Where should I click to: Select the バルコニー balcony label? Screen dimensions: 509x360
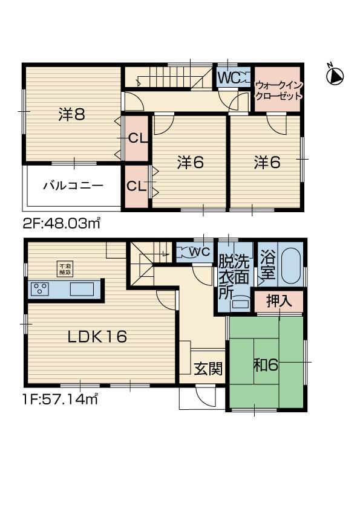point(73,186)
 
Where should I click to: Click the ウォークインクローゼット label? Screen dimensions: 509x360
point(278,91)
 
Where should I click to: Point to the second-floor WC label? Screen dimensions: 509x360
point(227,77)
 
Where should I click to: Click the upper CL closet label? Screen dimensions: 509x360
point(137,138)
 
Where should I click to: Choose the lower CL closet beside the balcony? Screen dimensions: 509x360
point(136,186)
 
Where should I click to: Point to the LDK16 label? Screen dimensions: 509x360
point(97,337)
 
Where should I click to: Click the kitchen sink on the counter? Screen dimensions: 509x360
point(82,289)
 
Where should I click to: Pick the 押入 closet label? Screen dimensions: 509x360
point(279,301)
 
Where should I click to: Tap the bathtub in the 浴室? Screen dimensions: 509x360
point(291,266)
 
